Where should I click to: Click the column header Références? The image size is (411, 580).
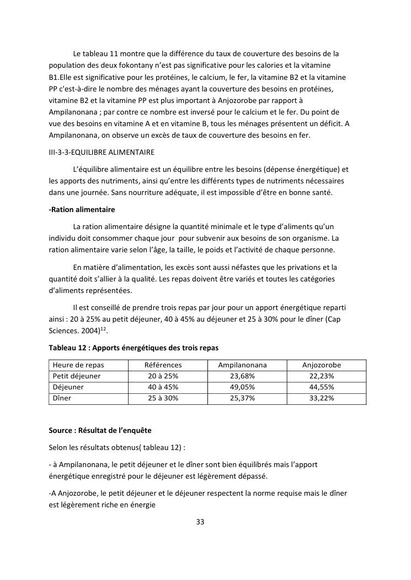tap(163, 365)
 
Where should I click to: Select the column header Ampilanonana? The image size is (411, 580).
tap(242, 365)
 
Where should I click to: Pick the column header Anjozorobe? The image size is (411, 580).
tap(322, 365)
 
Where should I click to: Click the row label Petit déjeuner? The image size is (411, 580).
tap(77, 376)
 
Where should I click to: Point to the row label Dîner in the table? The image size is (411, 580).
tap(62, 398)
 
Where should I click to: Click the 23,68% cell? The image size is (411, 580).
tap(242, 376)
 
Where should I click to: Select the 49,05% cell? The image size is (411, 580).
tap(242, 387)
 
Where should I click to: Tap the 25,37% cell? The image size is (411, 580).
tap(242, 398)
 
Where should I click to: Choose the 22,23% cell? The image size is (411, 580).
tap(322, 376)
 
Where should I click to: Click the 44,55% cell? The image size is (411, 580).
tap(322, 387)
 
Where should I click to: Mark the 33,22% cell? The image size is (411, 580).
tap(322, 398)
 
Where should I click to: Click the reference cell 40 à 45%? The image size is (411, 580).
tap(163, 387)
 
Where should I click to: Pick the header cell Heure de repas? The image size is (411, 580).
tap(78, 365)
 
